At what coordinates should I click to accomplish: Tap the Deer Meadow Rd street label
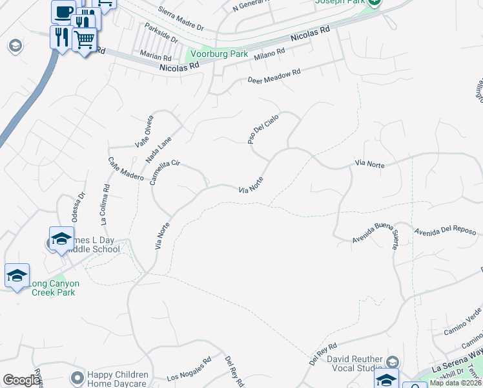click(x=274, y=76)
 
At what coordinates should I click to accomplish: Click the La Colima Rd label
click(x=106, y=204)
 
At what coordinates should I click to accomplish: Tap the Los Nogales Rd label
click(x=189, y=369)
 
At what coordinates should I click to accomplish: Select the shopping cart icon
click(x=84, y=41)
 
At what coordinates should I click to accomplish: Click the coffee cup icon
click(x=63, y=11)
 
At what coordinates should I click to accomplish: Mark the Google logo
click(x=21, y=380)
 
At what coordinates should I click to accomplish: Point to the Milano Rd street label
click(x=269, y=56)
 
